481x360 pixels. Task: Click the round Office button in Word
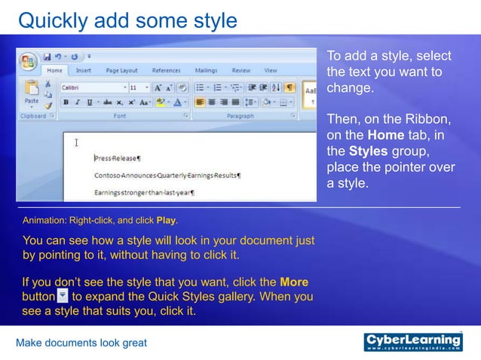28,60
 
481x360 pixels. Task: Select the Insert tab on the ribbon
84,71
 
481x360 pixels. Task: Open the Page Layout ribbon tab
121,71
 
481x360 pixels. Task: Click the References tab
166,71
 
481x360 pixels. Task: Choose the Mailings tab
206,71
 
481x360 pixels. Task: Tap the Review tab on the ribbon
241,71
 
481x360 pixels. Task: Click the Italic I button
78,102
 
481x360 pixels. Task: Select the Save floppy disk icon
47,56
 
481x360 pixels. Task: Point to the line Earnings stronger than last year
144,193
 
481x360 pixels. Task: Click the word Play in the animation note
166,221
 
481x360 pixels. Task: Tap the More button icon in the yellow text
63,296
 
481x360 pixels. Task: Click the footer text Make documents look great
81,343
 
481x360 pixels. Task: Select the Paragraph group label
240,117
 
